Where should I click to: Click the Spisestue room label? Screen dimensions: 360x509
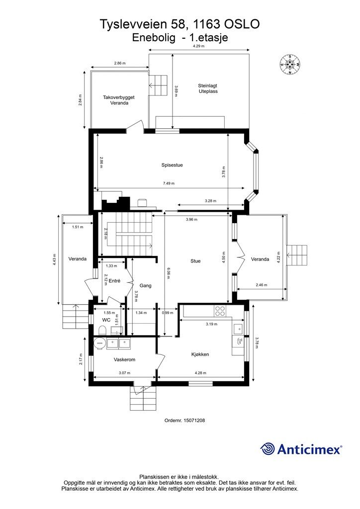tap(172, 165)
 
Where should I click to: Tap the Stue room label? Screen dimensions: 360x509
tap(195, 261)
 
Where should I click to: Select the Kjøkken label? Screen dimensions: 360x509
tap(200, 354)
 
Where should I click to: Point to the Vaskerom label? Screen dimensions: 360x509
tap(124, 360)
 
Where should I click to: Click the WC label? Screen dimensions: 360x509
tap(106, 320)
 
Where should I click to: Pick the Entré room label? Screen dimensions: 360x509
tap(114, 281)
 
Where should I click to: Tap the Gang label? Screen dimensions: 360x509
tap(145, 286)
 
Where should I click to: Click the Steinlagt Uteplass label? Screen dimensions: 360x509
tap(208, 88)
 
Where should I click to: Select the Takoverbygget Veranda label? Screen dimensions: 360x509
tap(119, 100)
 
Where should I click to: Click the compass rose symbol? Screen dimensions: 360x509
tap(290, 64)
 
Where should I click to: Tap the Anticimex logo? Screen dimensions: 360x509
tap(301, 449)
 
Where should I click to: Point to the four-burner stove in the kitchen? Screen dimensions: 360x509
tap(220, 311)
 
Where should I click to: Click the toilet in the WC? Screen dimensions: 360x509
tap(103, 331)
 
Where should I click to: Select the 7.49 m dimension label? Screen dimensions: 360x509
tap(169, 183)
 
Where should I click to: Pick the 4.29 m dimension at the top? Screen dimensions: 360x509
tap(199, 46)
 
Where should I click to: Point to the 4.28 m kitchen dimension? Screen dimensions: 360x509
tap(200, 373)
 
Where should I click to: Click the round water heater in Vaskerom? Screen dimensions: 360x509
tap(99, 343)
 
